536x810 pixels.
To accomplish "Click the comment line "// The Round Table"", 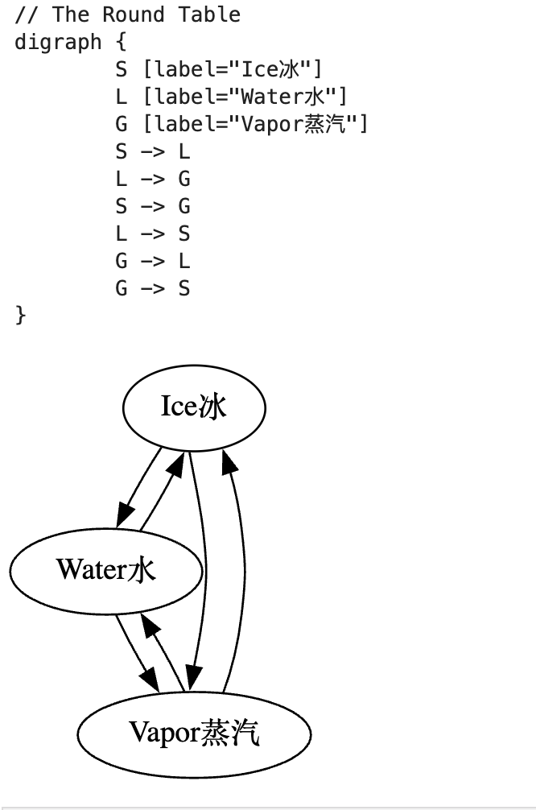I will [x=127, y=14].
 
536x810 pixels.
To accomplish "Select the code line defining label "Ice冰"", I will [x=218, y=69].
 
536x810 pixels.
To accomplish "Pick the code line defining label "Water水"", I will [x=231, y=97].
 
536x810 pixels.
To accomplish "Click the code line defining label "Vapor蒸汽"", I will [x=241, y=124].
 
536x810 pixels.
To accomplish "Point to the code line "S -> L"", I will [x=152, y=151].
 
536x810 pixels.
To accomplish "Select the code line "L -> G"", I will [x=152, y=179].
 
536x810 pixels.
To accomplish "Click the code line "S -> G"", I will [x=152, y=206].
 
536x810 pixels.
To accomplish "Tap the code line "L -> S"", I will [x=152, y=233].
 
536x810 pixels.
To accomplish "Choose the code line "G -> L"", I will [x=152, y=261].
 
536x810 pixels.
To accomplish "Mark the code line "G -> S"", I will [x=152, y=288].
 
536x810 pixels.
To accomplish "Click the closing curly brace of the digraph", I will [x=20, y=315].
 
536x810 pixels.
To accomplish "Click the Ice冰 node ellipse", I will [x=194, y=407].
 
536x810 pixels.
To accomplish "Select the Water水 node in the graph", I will [x=105, y=570].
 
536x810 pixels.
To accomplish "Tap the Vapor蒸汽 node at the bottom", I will [x=194, y=733].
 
